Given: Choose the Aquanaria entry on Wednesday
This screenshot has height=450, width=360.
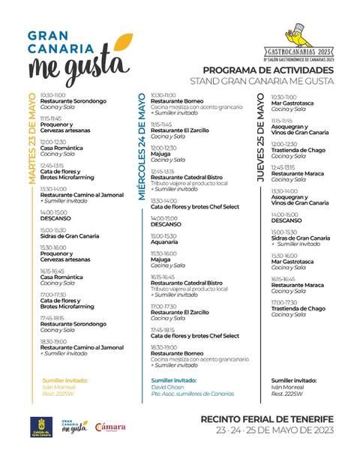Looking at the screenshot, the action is [164, 241].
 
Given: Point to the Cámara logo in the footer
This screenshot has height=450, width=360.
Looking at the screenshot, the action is [109, 427].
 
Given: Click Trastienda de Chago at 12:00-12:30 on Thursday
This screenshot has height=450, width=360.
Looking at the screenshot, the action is [298, 149].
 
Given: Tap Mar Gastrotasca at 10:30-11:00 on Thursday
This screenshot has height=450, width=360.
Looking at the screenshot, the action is [292, 102].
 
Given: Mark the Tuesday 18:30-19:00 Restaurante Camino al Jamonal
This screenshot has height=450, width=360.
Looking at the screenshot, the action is [82, 347].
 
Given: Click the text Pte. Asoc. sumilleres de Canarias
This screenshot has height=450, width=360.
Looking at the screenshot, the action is [192, 394].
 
